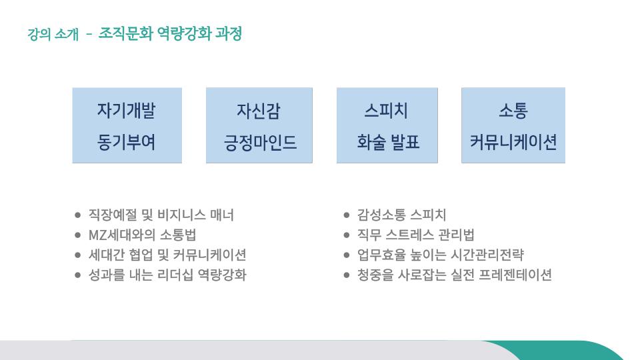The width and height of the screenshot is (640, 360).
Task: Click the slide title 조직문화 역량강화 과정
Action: tap(170, 33)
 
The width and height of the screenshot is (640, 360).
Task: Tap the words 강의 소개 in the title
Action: tap(53, 34)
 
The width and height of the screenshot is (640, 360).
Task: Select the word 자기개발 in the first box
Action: tap(126, 110)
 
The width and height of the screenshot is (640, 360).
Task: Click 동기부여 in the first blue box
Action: tap(126, 142)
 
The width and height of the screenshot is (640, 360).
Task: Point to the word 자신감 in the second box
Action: tap(259, 111)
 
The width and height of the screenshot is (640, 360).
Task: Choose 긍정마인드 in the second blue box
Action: tap(260, 143)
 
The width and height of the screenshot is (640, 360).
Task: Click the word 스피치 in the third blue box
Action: tap(386, 110)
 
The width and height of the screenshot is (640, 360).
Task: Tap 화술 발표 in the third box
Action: tap(388, 142)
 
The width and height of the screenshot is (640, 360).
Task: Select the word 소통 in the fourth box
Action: tap(513, 110)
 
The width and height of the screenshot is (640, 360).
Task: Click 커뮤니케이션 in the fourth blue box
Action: tap(513, 142)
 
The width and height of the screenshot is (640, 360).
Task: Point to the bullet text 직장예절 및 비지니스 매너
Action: tap(161, 215)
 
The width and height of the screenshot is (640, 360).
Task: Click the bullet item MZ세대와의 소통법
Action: tap(143, 235)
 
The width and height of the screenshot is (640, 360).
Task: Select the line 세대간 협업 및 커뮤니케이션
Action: tap(167, 255)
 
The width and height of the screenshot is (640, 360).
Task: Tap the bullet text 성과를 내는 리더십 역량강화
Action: tap(167, 275)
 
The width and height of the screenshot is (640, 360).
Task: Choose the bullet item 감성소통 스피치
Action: tap(401, 215)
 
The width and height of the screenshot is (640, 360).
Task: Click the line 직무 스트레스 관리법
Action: tap(415, 235)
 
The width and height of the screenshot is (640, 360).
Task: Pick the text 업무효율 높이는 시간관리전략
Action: tap(441, 255)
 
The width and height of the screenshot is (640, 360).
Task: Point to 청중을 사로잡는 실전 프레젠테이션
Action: tap(454, 275)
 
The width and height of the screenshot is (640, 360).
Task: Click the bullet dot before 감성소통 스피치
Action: tap(347, 215)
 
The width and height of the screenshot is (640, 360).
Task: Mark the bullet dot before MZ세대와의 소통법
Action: tap(78, 235)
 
